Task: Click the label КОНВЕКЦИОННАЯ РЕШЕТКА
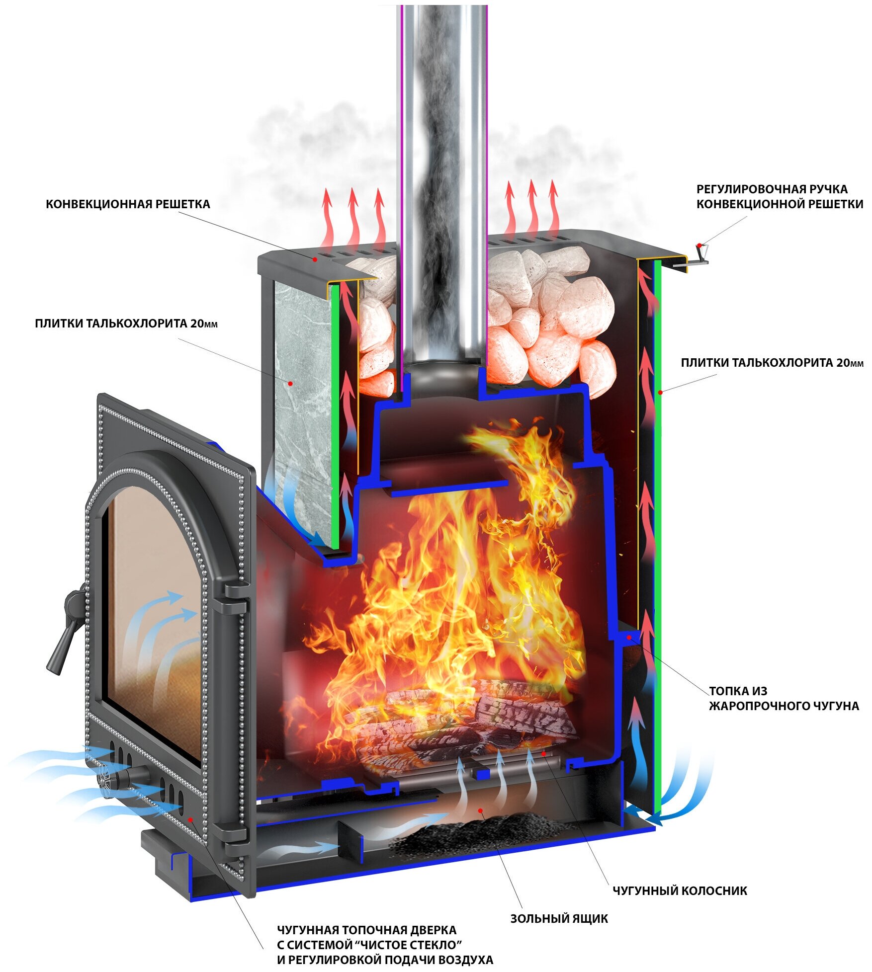[x=128, y=204]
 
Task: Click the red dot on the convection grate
[x=315, y=259]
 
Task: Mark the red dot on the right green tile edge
[x=660, y=393]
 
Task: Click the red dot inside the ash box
[x=481, y=810]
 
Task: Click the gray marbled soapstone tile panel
[x=298, y=398]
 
